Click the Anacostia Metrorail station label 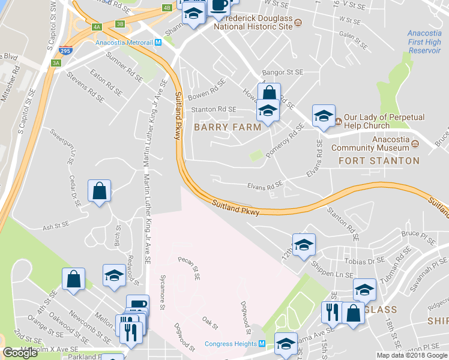(124, 43)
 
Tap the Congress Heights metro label (231, 344)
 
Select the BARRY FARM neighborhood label (227, 127)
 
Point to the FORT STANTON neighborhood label (379, 161)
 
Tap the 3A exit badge (56, 62)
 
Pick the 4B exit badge (167, 8)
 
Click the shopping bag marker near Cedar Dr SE (100, 191)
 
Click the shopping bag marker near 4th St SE (73, 279)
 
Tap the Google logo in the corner (20, 353)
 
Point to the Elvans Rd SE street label (265, 187)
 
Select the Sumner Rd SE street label (124, 65)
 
